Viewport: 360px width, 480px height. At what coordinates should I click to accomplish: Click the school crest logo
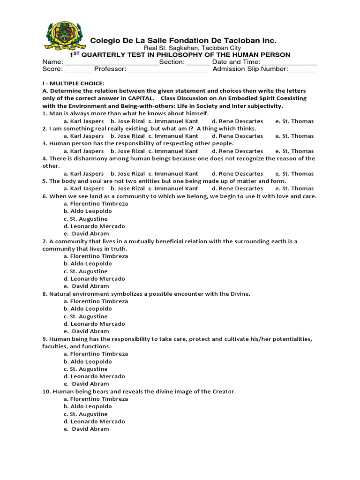tap(65, 37)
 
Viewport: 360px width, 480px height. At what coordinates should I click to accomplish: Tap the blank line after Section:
tap(198, 62)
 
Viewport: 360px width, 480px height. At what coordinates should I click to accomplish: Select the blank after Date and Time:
tap(289, 62)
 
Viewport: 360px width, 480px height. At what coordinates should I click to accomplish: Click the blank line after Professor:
tap(167, 70)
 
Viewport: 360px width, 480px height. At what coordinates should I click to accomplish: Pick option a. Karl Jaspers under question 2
tap(84, 136)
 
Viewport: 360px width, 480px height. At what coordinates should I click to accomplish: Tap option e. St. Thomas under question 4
tap(294, 173)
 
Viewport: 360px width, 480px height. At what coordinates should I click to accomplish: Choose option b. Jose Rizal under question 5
tap(127, 188)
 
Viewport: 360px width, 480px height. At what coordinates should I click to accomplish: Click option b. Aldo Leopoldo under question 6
tap(88, 211)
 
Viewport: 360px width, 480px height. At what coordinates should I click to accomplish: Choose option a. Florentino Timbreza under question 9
tap(96, 354)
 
